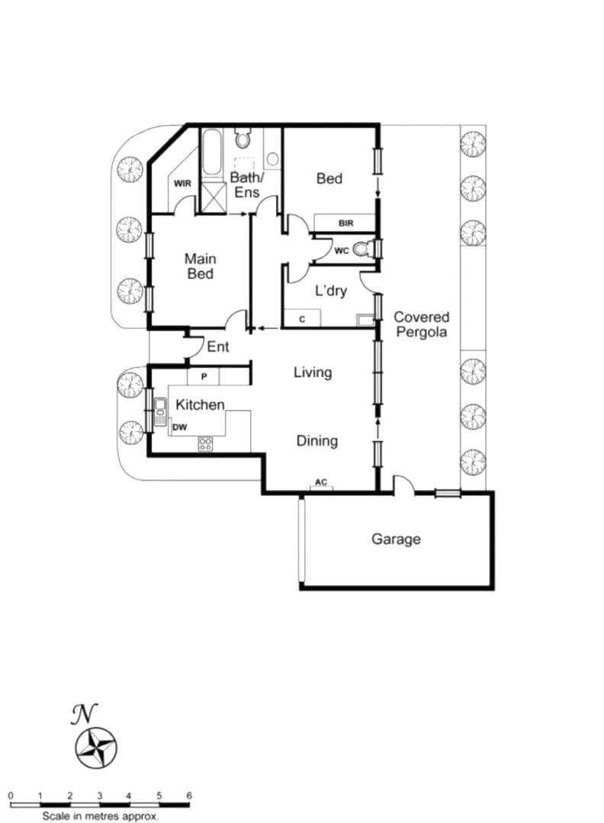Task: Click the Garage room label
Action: tap(396, 540)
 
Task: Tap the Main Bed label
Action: tap(200, 267)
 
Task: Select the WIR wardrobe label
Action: tap(182, 184)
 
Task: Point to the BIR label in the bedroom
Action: tap(346, 223)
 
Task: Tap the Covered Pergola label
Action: tap(421, 325)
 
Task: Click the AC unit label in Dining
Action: tap(321, 483)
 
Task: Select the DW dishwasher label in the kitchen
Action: tap(180, 428)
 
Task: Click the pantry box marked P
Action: tap(204, 376)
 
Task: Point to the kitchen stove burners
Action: tap(206, 444)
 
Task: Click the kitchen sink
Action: tap(160, 412)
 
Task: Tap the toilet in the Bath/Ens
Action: tap(243, 138)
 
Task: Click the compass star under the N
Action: tap(96, 747)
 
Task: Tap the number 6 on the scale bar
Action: tap(188, 796)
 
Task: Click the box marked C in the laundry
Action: tap(302, 319)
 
